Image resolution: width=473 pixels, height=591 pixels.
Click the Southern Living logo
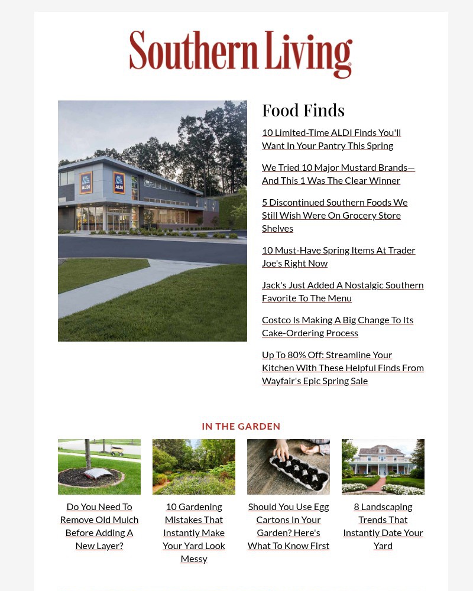coord(241,54)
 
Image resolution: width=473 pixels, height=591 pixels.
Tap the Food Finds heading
coord(303,111)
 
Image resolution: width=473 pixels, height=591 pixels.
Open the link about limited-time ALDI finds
coord(331,139)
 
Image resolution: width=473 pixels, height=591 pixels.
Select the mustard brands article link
coord(338,174)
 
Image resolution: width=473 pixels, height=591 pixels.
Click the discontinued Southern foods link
coord(335,215)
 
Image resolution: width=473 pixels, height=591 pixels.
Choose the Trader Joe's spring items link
coord(338,256)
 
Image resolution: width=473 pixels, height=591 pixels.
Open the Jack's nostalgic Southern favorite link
coord(342,291)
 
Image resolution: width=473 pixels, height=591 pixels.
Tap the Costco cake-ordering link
coord(338,326)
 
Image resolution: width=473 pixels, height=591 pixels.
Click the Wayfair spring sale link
coord(342,368)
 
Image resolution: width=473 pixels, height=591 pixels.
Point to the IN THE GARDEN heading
coord(241,426)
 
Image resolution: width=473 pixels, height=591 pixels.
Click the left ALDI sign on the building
coord(86,183)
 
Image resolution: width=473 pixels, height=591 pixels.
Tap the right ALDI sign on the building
coord(119,183)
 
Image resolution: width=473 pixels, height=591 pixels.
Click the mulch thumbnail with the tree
coord(99,466)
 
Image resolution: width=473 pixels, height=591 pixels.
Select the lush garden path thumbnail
coord(194,466)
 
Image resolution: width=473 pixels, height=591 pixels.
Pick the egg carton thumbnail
coord(289,466)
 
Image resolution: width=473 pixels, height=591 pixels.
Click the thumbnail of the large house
coord(383,466)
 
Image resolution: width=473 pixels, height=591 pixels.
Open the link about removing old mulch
coord(99,526)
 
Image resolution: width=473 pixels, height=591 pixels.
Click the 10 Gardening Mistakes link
coord(194,532)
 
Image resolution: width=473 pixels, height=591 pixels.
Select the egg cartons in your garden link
coord(289,526)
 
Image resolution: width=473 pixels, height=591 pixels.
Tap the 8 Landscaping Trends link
coord(383,526)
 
